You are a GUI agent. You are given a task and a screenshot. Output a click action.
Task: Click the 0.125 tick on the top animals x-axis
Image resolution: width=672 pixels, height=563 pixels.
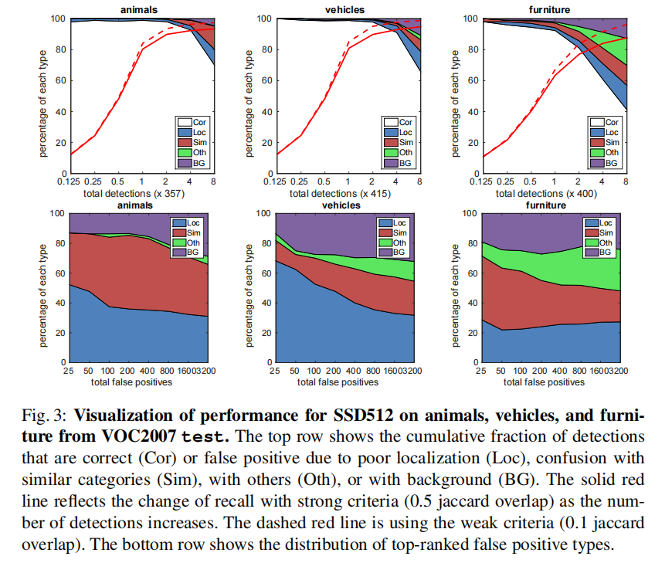coord(71,182)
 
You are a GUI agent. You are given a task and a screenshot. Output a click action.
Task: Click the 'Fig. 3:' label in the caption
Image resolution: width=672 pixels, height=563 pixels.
coord(50,417)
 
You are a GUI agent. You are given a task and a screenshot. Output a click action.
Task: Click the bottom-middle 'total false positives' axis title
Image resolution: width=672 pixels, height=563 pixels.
coord(346,382)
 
